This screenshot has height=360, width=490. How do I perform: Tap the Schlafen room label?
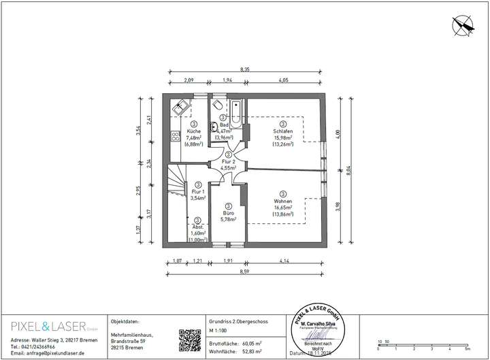(x=282, y=131)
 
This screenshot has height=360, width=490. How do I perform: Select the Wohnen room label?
(x=282, y=201)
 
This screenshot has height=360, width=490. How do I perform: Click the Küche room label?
(x=194, y=131)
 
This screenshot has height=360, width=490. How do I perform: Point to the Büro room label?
(x=228, y=212)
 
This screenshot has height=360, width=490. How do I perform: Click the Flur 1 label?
(x=197, y=192)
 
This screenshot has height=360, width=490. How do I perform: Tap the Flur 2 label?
(x=228, y=161)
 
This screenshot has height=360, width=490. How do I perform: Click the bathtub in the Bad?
(x=235, y=114)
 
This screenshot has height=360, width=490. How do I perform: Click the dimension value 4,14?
(x=284, y=260)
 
